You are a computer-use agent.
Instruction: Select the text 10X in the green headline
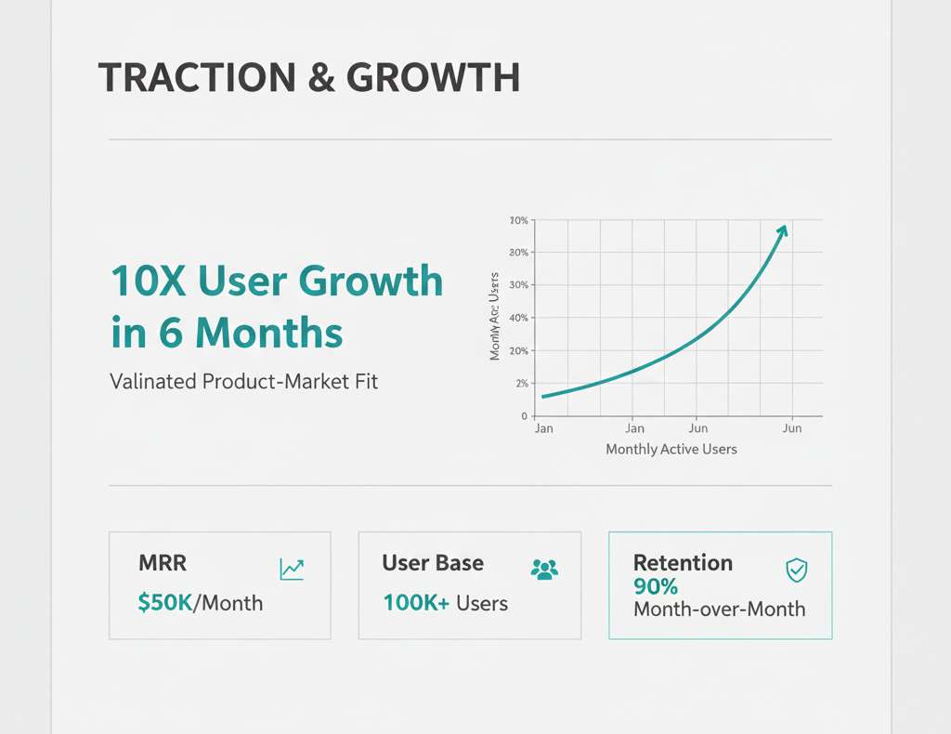[149, 281]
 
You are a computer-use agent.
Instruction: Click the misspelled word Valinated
[152, 381]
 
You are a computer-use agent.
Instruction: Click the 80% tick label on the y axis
[518, 253]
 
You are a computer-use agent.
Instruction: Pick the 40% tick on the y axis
[518, 318]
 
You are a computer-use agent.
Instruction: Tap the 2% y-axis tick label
[521, 383]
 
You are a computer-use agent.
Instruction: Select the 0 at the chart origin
[524, 416]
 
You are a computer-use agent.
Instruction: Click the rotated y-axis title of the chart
[495, 317]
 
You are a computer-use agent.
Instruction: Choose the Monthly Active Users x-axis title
[671, 450]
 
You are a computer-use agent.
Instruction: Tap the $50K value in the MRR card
[164, 603]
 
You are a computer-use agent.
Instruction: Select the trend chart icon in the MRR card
[292, 570]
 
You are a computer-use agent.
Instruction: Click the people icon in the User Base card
[544, 569]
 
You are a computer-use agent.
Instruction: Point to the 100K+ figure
[416, 603]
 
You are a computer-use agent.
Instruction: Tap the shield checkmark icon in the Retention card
[796, 570]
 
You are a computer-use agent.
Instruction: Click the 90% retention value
[656, 587]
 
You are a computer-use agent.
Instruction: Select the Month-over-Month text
[719, 609]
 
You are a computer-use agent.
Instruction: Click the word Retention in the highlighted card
[683, 563]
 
